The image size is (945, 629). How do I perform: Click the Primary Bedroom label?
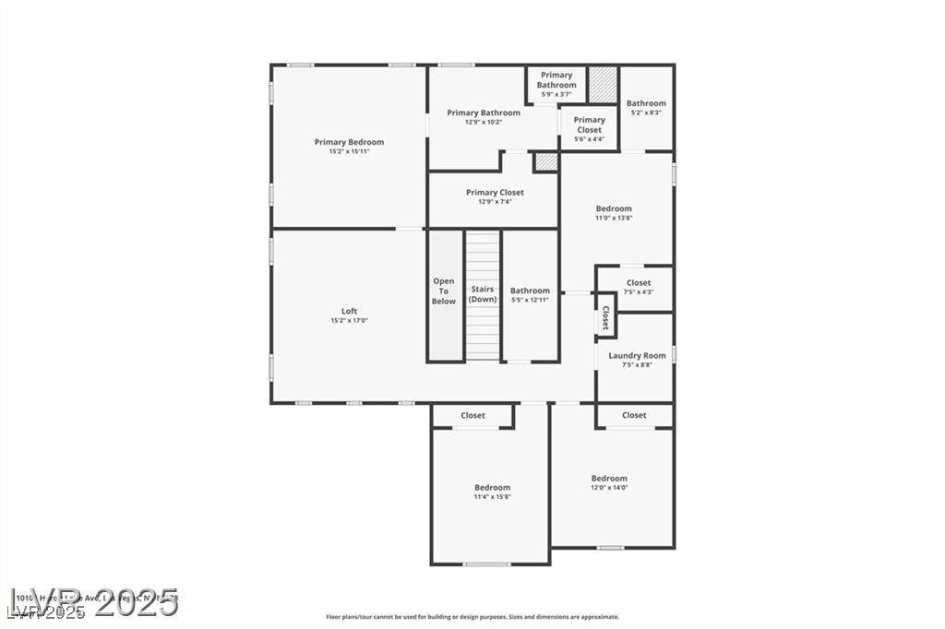[349, 142]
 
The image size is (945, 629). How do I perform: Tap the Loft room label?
[349, 312]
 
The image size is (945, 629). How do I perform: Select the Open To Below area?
[444, 291]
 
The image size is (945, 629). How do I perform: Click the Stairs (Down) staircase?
[482, 294]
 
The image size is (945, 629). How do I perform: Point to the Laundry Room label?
[637, 356]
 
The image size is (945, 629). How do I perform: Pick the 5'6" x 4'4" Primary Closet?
[589, 129]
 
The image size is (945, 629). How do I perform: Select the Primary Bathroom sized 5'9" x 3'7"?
[556, 85]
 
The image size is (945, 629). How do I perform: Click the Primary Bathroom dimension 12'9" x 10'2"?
[484, 123]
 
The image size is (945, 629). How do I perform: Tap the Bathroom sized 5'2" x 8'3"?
[646, 108]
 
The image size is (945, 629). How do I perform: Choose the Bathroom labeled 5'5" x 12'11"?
[530, 295]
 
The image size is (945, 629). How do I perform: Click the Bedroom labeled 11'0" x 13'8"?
[614, 213]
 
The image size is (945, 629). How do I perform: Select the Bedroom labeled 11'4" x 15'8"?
[492, 492]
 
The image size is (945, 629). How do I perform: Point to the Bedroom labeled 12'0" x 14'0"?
[609, 482]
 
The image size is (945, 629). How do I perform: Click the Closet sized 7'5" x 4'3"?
[638, 287]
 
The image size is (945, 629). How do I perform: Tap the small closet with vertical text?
[604, 318]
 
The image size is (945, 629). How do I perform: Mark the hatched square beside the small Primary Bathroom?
[602, 84]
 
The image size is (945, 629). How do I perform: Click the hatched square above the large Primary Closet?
[546, 161]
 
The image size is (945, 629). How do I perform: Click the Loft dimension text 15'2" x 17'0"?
[349, 321]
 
